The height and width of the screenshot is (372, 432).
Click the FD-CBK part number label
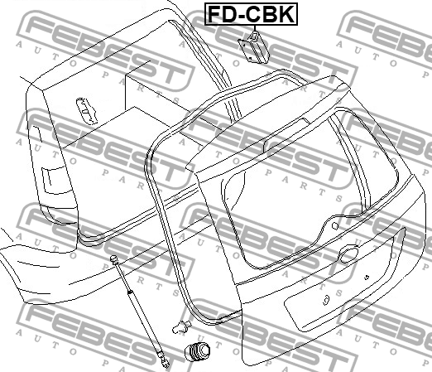coord(251,14)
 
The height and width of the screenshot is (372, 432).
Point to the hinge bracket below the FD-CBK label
coord(253,48)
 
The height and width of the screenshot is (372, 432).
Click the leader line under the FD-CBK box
coord(254,28)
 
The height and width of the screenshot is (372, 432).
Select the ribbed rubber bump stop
coord(197,351)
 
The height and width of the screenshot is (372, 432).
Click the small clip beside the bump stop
coord(182,326)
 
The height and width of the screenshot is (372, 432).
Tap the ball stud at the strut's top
coord(113,258)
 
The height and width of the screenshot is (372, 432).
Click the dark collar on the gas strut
coord(130,292)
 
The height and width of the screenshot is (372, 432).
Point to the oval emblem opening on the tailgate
coord(349,254)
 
